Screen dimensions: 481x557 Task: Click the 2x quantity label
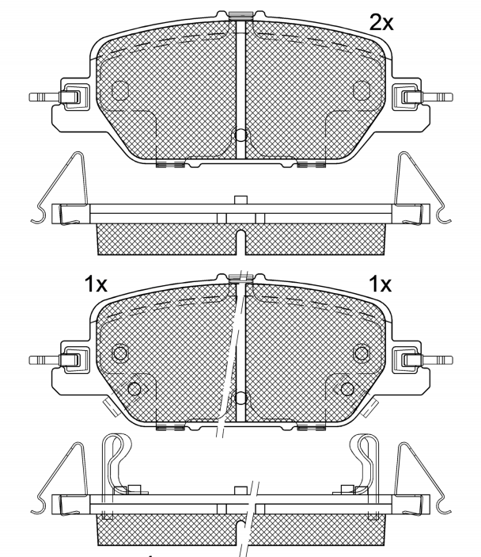(381, 23)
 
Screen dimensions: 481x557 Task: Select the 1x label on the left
(96, 284)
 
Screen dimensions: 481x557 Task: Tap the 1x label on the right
(381, 284)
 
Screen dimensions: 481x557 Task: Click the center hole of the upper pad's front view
(240, 135)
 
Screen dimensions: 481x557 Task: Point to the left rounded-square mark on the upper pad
(120, 90)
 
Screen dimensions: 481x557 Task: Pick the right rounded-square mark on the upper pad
(362, 90)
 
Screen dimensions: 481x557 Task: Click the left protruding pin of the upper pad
(45, 97)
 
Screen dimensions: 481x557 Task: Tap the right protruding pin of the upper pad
(437, 97)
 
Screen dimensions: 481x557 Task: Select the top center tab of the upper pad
(240, 15)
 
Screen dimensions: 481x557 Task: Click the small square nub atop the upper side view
(240, 200)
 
